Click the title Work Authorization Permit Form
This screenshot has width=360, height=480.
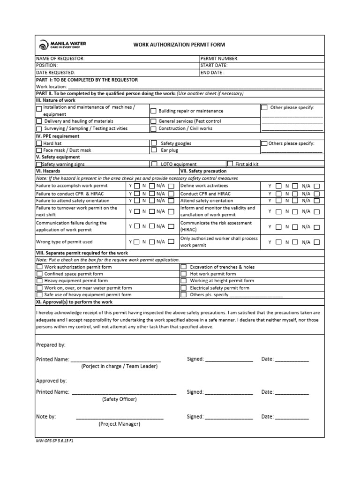pyautogui.click(x=179, y=45)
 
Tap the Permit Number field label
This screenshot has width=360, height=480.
pyautogui.click(x=219, y=59)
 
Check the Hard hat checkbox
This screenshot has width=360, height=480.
pyautogui.click(x=39, y=143)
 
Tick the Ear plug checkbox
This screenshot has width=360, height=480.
pyautogui.click(x=153, y=150)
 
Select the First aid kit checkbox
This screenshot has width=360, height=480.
pyautogui.click(x=230, y=164)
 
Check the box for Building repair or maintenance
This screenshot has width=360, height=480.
pyautogui.click(x=153, y=111)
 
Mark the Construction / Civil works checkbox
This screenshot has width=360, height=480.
pyautogui.click(x=153, y=128)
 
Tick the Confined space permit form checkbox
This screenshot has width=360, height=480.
pyautogui.click(x=39, y=274)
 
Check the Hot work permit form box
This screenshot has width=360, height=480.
pyautogui.click(x=184, y=274)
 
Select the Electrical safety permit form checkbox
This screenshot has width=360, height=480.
pyautogui.click(x=184, y=288)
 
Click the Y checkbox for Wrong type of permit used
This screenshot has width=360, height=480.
pyautogui.click(x=137, y=242)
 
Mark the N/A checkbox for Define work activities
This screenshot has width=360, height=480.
pyautogui.click(x=317, y=186)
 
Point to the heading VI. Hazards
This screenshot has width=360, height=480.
pyautogui.click(x=48, y=172)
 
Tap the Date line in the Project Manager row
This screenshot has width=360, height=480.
pyautogui.click(x=292, y=417)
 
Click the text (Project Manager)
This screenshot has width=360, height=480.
pyautogui.click(x=119, y=424)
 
